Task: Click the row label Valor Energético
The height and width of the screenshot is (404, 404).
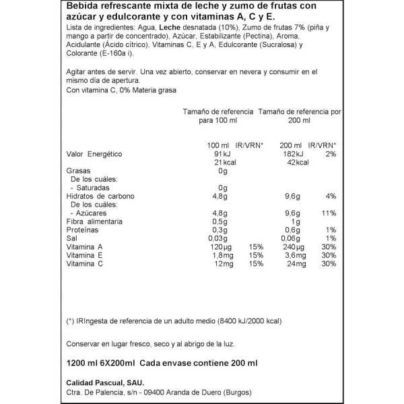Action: [x=94, y=154]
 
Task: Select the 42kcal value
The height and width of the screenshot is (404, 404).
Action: [x=297, y=163]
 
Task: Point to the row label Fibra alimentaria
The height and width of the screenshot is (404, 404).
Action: [x=94, y=222]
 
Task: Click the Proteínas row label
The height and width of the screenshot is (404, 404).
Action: [x=84, y=230]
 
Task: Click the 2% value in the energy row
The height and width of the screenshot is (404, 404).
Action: [x=331, y=154]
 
